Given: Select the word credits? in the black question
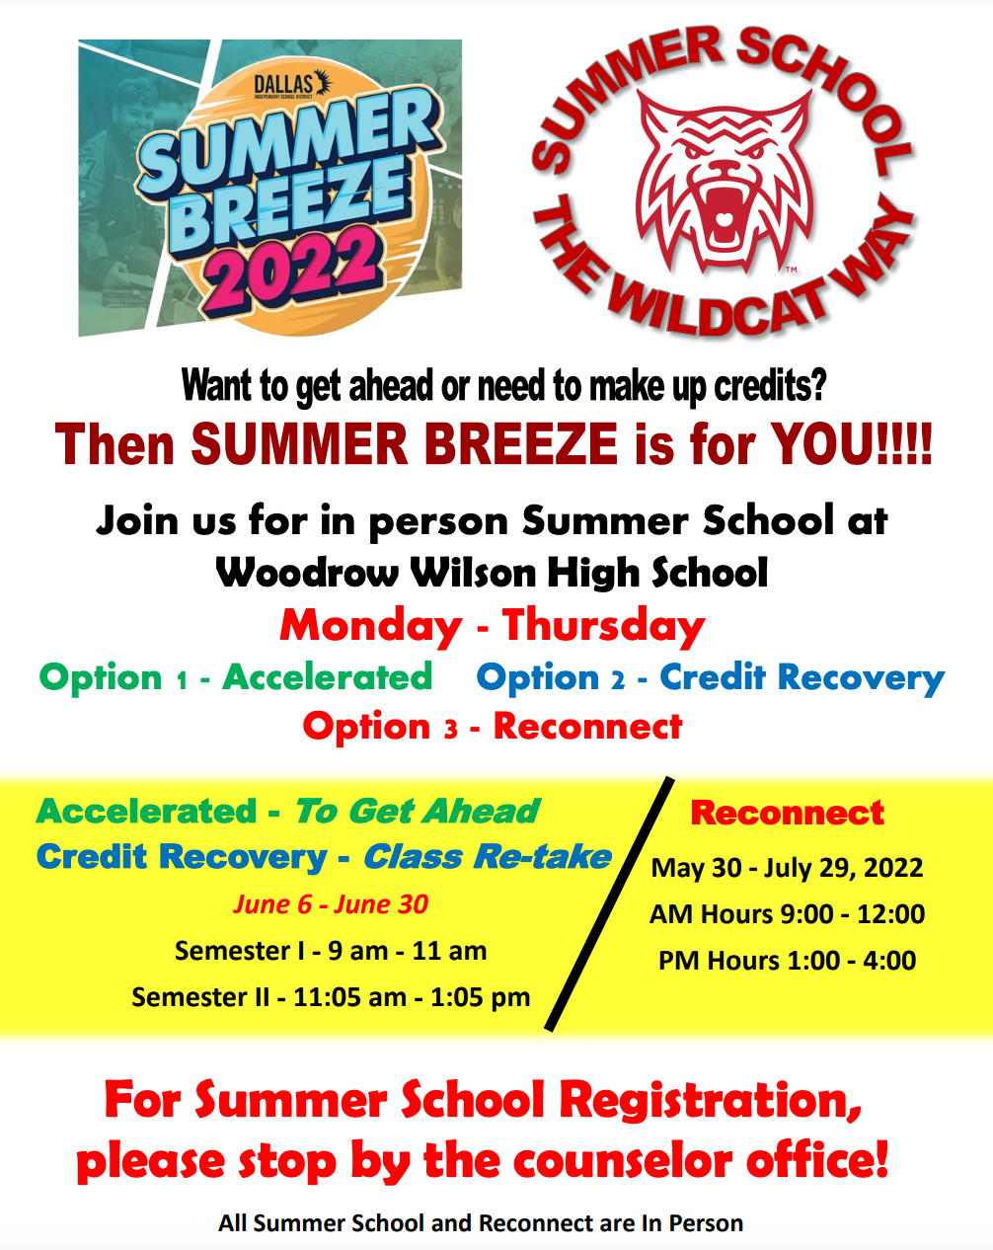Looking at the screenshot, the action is click(x=770, y=386).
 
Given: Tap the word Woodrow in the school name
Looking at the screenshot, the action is click(x=307, y=574).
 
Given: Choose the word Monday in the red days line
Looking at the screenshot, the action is click(x=371, y=626).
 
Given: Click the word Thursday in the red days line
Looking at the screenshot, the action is click(x=604, y=626).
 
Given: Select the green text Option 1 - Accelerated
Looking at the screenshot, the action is click(x=236, y=677).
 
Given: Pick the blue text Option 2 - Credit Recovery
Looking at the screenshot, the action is click(x=710, y=678).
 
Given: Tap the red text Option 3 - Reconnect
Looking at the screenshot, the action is click(x=493, y=727).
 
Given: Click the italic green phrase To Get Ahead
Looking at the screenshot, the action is click(x=418, y=811).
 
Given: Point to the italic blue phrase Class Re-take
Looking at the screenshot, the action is click(x=488, y=857).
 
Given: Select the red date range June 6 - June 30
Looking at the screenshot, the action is click(x=331, y=904).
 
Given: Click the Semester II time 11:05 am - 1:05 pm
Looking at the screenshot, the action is click(x=412, y=997).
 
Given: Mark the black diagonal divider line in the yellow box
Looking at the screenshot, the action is click(x=609, y=903).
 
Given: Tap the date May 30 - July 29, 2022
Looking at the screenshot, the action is click(x=787, y=868).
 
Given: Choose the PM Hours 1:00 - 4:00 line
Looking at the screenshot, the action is click(x=787, y=961).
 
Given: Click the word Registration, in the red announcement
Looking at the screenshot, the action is click(x=711, y=1101).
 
